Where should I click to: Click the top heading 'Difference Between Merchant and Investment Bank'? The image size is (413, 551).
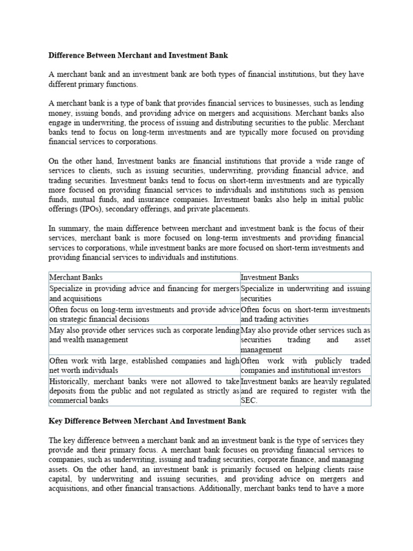(x=138, y=55)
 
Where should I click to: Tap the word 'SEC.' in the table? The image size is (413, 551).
(x=250, y=400)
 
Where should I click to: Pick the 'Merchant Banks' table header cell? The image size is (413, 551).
(x=76, y=278)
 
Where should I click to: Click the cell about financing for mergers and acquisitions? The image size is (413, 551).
(x=144, y=293)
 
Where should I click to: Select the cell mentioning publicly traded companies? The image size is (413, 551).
(x=305, y=365)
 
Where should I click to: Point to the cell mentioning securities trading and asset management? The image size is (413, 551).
(x=305, y=340)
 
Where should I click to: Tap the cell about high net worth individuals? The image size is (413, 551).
(x=144, y=365)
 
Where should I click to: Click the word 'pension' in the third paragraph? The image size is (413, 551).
(x=350, y=190)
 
